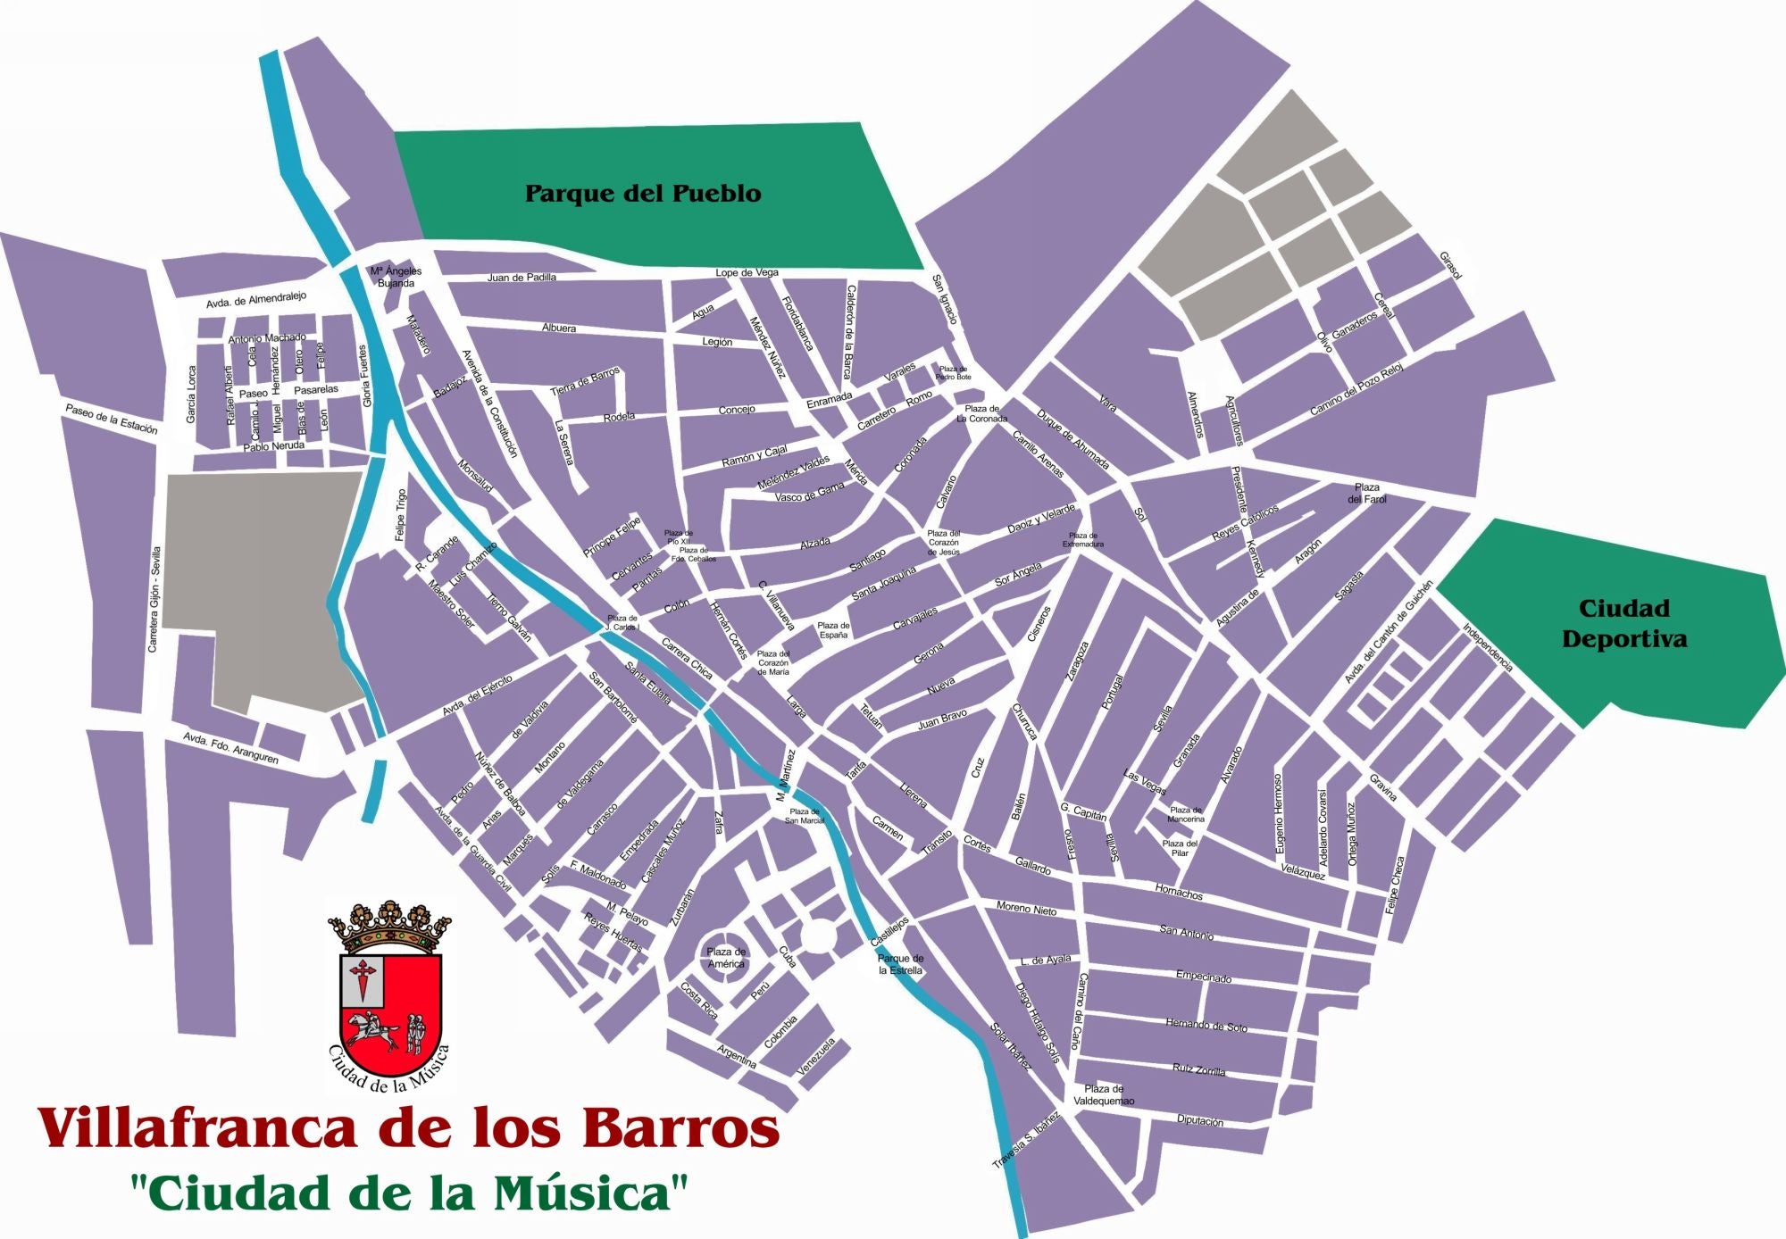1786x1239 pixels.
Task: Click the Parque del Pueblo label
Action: (x=642, y=194)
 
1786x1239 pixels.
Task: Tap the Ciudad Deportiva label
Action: (x=1623, y=623)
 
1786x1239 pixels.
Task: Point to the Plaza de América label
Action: (x=725, y=958)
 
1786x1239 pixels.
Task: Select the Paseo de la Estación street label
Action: (x=111, y=419)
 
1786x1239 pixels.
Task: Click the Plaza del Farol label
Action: (x=1366, y=493)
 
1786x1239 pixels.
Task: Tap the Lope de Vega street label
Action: (x=747, y=272)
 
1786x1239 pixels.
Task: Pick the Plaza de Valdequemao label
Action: (x=1104, y=1094)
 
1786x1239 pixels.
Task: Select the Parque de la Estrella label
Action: (x=900, y=964)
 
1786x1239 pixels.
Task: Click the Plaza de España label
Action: (x=833, y=630)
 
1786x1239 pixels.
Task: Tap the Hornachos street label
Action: (x=1179, y=892)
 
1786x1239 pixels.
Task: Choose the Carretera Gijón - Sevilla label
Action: (x=154, y=599)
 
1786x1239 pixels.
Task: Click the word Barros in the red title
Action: (x=680, y=1128)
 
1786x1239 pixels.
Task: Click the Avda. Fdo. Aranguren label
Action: (x=230, y=748)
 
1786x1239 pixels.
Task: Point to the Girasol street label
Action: (x=1450, y=265)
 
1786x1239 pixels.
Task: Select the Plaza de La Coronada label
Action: (x=981, y=413)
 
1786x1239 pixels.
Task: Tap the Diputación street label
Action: (x=1199, y=1120)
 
